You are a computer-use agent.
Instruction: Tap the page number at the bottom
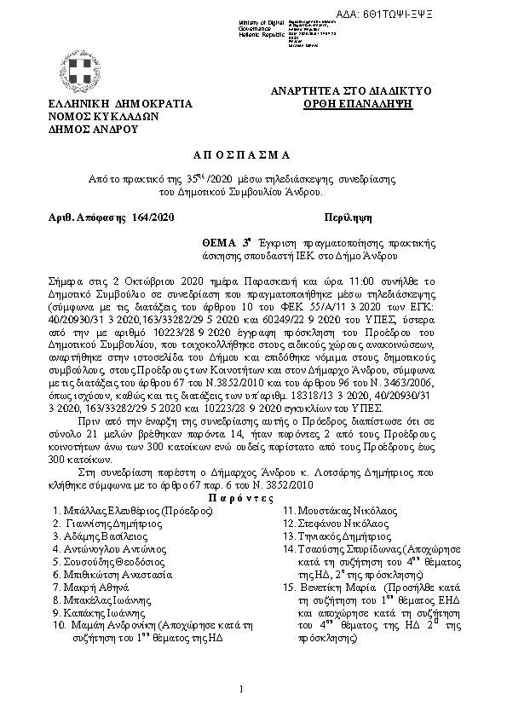click(x=243, y=688)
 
